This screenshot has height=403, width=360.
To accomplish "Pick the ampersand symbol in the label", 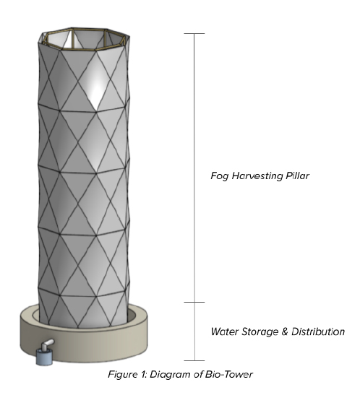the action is [x=285, y=331].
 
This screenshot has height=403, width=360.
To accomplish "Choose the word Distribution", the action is [x=318, y=331].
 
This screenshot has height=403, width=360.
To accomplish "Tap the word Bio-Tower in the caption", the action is [x=229, y=374].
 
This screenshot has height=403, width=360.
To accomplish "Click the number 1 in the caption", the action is [x=143, y=374].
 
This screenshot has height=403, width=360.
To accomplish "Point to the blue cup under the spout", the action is [x=44, y=357].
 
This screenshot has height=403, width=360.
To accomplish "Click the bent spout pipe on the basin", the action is [x=47, y=344].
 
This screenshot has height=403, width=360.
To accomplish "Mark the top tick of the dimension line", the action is [x=194, y=33].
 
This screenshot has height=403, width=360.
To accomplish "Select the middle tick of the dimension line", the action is [x=194, y=302].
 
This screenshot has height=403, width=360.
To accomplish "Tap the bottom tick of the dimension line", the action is [x=194, y=361].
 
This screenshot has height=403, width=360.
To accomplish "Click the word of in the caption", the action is [x=198, y=375].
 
